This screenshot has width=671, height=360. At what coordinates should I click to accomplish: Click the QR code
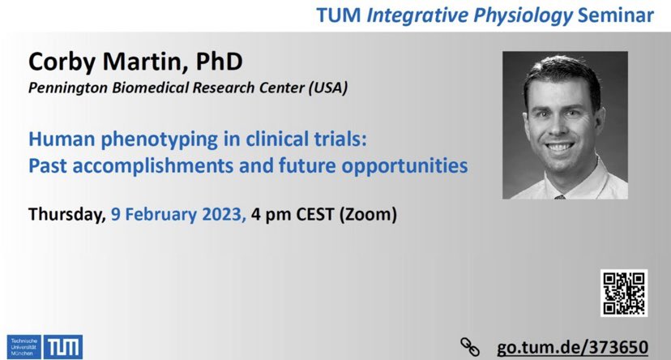[624, 293]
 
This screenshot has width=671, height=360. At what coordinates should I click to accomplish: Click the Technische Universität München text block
[25, 345]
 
